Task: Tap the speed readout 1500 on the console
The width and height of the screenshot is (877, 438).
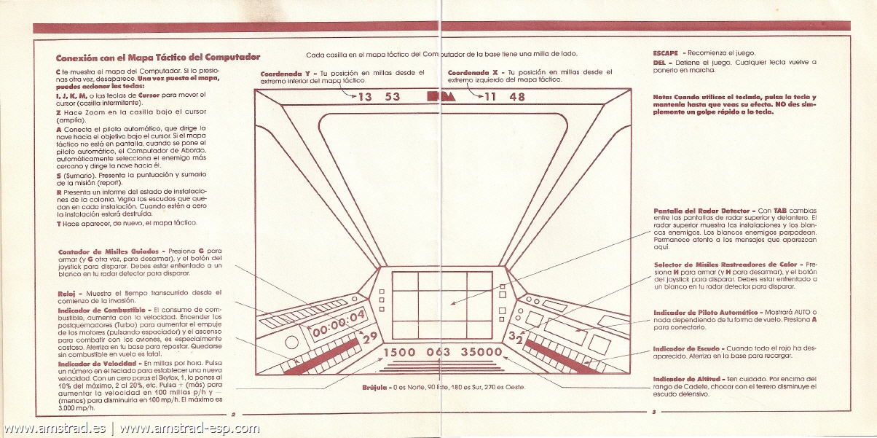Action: click(x=399, y=353)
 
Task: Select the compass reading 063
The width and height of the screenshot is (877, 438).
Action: click(x=438, y=353)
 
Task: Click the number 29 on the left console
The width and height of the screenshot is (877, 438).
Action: click(x=370, y=336)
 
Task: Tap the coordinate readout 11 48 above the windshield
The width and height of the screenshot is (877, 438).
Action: click(x=504, y=97)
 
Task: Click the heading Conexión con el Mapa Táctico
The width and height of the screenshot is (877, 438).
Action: click(x=158, y=57)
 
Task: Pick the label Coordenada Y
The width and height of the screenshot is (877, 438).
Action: click(x=285, y=73)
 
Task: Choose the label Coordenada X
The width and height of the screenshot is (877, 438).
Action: click(x=473, y=73)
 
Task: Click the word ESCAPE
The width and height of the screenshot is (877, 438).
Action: click(x=666, y=52)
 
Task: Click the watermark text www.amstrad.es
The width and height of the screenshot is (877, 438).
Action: click(x=55, y=428)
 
